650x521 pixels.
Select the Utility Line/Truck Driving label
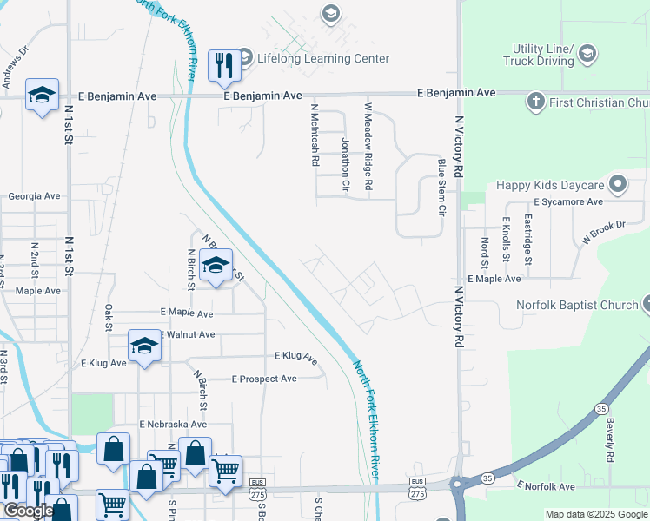click(x=539, y=56)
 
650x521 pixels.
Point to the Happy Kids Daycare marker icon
click(x=618, y=184)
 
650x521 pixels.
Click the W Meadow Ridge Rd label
click(x=368, y=148)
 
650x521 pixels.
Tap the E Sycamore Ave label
click(x=568, y=201)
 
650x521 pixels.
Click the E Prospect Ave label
click(x=264, y=379)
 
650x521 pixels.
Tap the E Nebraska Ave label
click(x=173, y=424)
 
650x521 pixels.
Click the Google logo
click(x=29, y=511)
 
